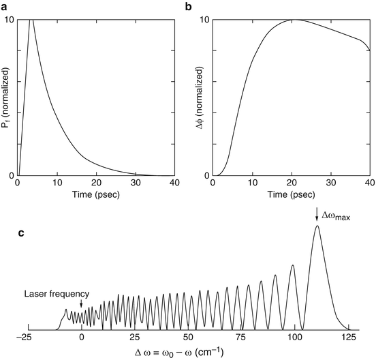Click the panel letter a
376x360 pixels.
[5, 7]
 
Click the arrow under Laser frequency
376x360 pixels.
[82, 304]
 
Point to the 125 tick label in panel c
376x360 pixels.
[347, 337]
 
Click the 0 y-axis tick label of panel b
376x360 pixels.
[206, 175]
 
